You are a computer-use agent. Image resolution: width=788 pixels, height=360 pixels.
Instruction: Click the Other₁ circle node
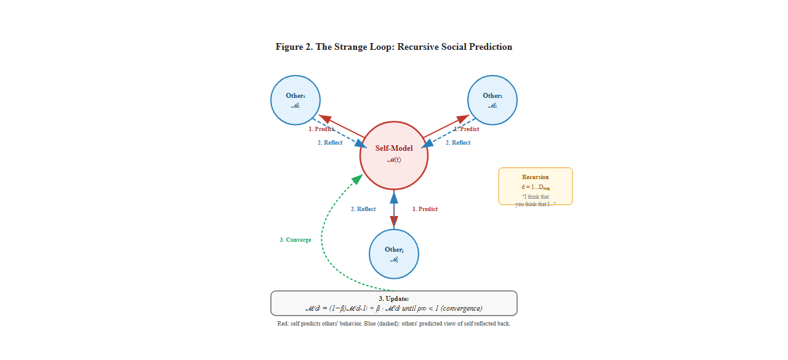[295, 100]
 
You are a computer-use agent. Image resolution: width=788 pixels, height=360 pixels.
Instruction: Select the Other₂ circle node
[492, 100]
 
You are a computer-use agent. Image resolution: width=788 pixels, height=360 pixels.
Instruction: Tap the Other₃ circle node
[394, 254]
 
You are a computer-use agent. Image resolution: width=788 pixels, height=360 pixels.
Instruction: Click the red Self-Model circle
[394, 155]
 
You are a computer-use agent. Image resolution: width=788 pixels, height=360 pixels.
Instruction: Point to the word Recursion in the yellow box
[535, 177]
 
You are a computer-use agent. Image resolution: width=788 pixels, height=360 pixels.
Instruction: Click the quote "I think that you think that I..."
[535, 201]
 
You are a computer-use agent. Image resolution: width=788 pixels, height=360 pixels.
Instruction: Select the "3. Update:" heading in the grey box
[394, 298]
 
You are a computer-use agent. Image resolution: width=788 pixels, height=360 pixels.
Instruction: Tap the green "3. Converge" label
[295, 240]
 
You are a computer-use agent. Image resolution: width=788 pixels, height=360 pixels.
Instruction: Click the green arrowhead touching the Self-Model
[357, 179]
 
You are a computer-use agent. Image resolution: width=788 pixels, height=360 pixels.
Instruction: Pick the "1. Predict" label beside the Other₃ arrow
[425, 209]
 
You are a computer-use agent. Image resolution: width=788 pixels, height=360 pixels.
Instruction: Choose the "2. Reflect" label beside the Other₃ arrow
[363, 209]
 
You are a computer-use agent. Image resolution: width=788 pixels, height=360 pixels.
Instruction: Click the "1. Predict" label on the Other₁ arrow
[321, 129]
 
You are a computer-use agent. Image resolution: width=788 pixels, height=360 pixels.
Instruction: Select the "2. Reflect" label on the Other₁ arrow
[330, 143]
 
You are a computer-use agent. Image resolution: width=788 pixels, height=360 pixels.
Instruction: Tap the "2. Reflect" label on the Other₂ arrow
[458, 143]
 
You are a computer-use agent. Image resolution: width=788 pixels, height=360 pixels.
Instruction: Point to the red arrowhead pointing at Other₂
[463, 119]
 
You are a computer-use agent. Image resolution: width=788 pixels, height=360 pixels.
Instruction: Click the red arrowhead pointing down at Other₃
[394, 222]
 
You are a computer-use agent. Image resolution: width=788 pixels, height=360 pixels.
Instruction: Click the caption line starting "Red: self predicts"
[394, 324]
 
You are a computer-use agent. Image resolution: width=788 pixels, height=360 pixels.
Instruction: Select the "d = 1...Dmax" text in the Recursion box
[535, 186]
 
